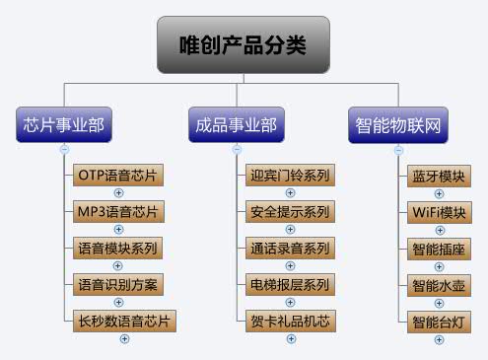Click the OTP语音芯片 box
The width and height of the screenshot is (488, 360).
(118, 176)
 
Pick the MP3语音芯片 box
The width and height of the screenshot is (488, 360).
(118, 211)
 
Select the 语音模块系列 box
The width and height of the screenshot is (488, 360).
(118, 247)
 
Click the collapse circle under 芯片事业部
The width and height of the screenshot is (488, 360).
(64, 150)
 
